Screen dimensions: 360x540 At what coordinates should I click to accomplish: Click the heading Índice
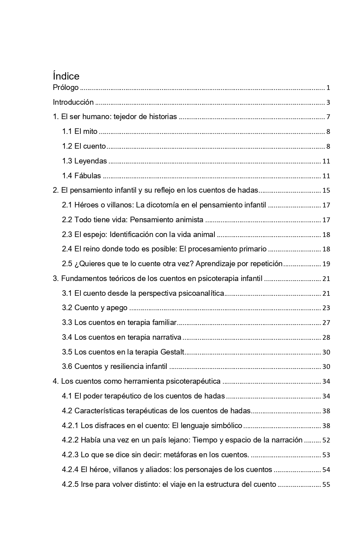click(66, 76)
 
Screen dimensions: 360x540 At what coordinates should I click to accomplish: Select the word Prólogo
click(66, 88)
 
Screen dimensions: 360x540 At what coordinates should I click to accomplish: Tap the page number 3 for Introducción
click(328, 102)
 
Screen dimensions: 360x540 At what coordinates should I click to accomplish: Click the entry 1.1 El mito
click(80, 132)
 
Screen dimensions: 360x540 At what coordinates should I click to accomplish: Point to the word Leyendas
click(90, 161)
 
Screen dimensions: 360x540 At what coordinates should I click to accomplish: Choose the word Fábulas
click(88, 176)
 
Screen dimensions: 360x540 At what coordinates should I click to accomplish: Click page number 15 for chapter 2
click(326, 191)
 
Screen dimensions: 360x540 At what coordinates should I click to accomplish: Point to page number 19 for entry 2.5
click(326, 264)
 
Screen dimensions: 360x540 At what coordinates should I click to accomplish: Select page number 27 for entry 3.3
click(326, 323)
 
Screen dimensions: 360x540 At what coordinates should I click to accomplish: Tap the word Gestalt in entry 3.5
click(172, 352)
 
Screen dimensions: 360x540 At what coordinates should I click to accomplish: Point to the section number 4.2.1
click(70, 426)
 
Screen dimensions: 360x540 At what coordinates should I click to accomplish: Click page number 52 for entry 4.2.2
click(326, 440)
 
